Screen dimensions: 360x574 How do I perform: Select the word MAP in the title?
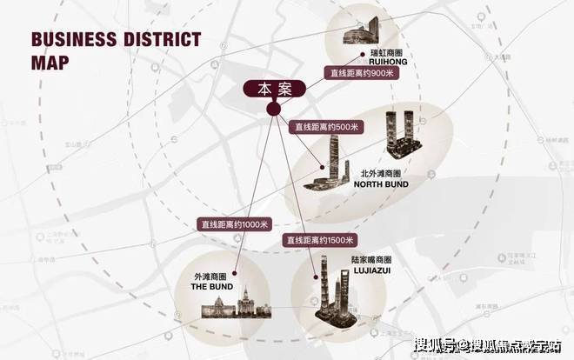51,63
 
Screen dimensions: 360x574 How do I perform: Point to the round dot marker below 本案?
272,109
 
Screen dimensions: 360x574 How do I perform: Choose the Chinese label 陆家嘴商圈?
369,259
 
